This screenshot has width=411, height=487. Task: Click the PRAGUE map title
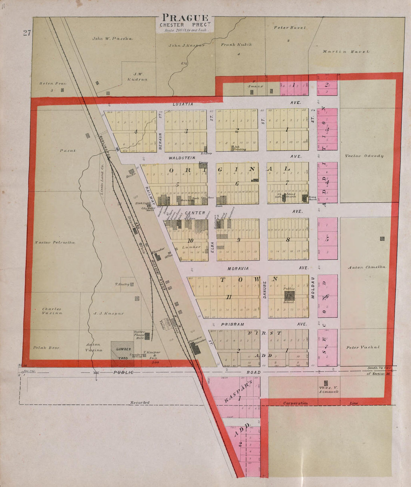(185, 18)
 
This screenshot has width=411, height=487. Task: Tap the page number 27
(27, 33)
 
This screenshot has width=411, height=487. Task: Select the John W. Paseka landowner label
(112, 39)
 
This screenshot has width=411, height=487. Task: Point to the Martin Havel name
(346, 52)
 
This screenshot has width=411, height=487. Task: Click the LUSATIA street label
(183, 104)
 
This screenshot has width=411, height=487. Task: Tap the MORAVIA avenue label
(238, 268)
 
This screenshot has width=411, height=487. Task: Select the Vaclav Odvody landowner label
(364, 156)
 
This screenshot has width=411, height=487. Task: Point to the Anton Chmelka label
(367, 267)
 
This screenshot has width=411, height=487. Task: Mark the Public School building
(289, 295)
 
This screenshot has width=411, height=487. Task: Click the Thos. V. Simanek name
(328, 389)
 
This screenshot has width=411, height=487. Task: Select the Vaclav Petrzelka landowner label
(55, 243)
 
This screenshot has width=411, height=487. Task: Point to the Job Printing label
(240, 149)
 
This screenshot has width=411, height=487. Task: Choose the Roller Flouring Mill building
(148, 336)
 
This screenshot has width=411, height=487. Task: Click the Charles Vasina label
(52, 311)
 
